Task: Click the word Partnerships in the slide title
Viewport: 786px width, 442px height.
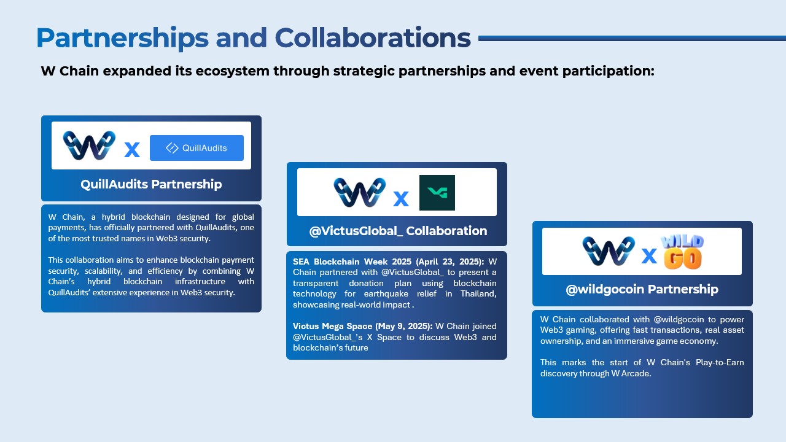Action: click(122, 38)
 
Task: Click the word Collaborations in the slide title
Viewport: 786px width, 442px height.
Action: click(373, 37)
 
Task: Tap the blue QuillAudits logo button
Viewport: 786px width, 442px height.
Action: click(196, 148)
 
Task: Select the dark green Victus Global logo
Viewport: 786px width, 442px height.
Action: click(437, 193)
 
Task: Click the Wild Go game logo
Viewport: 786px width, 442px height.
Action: click(682, 252)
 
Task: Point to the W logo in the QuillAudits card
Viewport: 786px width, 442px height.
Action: click(89, 145)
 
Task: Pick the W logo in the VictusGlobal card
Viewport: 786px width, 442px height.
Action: click(359, 192)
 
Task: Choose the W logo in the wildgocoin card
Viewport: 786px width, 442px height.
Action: click(609, 251)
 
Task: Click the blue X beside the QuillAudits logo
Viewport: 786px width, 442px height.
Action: click(132, 150)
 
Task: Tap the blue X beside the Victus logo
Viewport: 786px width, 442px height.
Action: click(401, 199)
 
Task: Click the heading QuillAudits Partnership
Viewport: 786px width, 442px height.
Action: click(151, 184)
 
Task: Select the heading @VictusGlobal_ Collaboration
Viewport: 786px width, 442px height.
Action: click(398, 231)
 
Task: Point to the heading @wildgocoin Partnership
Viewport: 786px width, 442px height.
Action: click(642, 289)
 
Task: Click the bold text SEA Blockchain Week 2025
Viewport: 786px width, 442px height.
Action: click(352, 262)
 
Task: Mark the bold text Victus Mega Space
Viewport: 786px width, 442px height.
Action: click(332, 326)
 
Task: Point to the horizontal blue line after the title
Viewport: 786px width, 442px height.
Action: click(632, 38)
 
